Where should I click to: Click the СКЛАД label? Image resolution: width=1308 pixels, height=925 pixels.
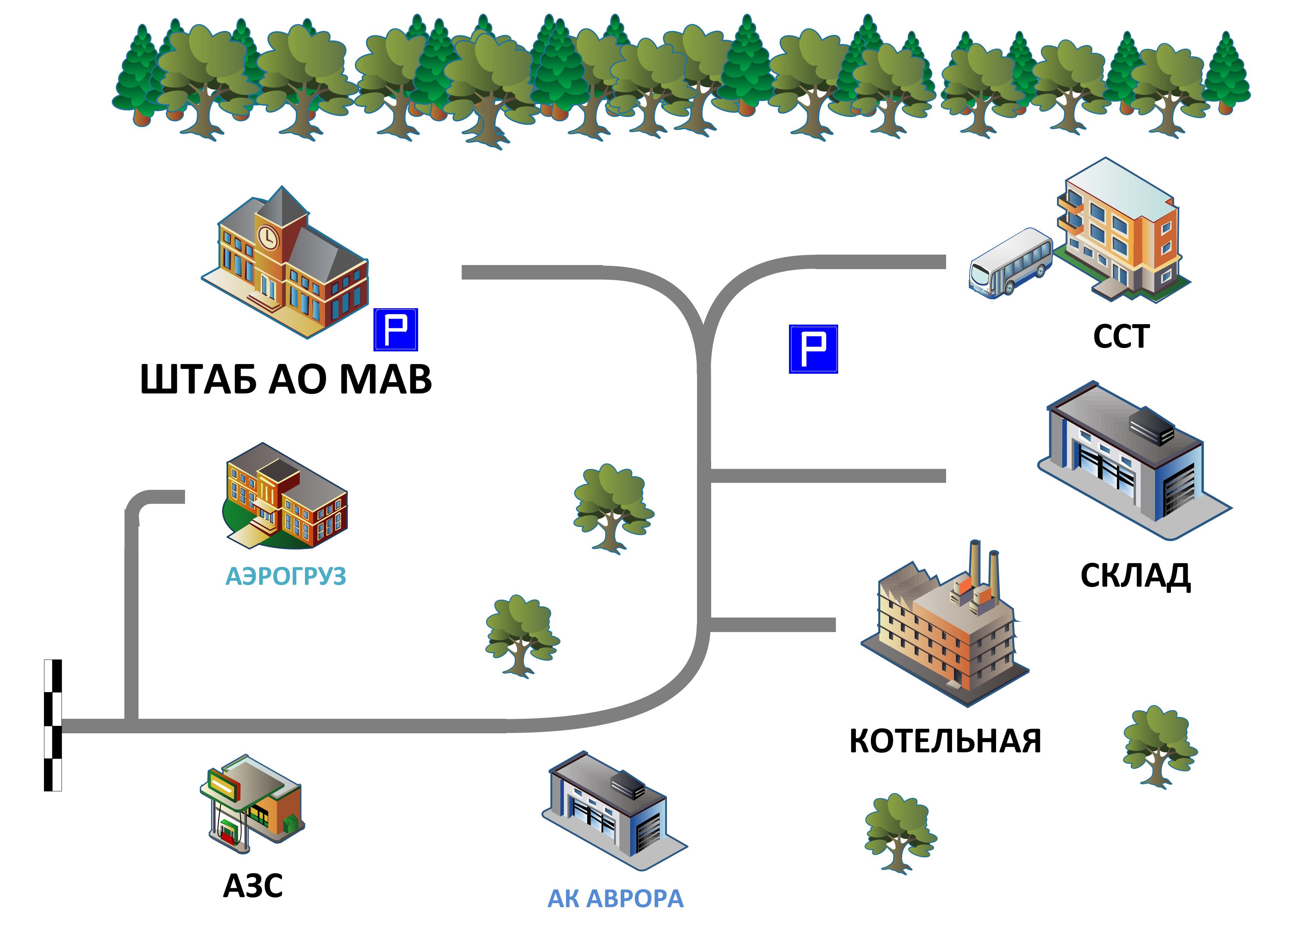coord(1135,576)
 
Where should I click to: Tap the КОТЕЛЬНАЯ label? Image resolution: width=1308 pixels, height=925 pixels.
coord(945,741)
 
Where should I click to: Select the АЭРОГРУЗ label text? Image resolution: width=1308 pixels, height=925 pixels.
coord(286,577)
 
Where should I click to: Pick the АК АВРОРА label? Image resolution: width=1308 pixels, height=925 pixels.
coord(615,899)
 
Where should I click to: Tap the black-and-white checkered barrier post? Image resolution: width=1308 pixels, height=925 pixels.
coord(53,725)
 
